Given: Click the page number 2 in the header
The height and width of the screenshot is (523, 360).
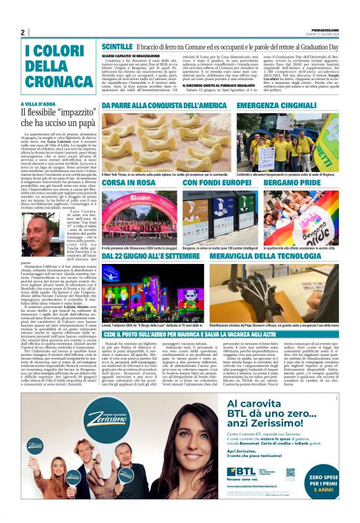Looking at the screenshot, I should click(x=22, y=32).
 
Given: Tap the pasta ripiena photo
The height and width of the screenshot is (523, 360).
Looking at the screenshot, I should click(x=166, y=142).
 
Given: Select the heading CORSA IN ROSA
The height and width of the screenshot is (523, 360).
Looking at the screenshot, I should click(x=128, y=183).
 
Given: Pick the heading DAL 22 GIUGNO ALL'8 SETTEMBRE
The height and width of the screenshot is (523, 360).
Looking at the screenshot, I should click(x=151, y=257).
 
